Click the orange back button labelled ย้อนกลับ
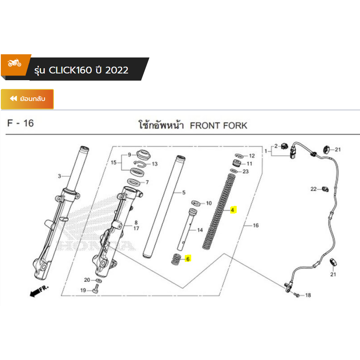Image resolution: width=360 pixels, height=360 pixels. pos(27,99)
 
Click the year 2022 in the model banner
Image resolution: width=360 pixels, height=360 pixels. pos(117,70)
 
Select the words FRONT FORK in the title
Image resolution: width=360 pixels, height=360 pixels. pos(218,126)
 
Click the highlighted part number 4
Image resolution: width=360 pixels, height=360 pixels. pos(233,210)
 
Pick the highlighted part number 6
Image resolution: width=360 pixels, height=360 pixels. pos(188,259)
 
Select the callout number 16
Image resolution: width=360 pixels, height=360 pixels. pos(255,225)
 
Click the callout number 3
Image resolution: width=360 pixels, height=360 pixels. pos(60,176)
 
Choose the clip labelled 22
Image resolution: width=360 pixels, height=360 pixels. pos(324,188)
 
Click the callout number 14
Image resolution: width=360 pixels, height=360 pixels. pos(200,230)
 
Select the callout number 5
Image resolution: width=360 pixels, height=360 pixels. pos(184,193)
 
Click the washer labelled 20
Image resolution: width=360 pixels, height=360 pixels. pos(99,280)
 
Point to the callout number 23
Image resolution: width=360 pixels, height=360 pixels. pos(245,172)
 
